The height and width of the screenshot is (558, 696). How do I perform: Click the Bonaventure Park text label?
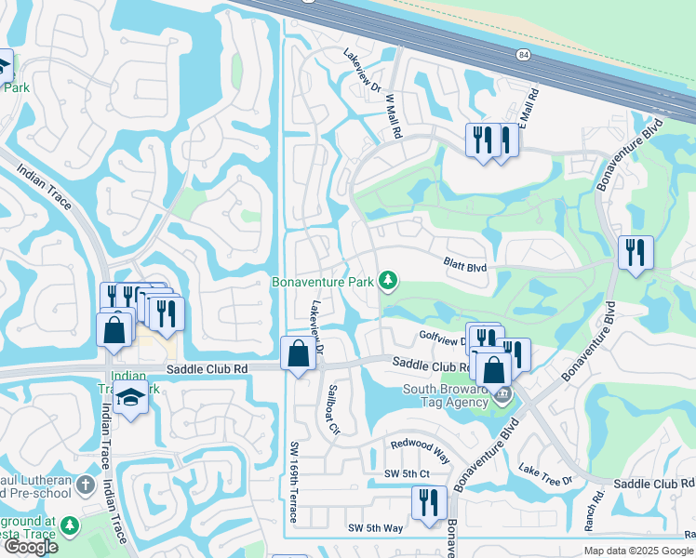[321, 281]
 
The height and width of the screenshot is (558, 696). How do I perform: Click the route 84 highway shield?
[524, 57]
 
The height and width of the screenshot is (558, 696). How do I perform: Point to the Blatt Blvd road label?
[465, 267]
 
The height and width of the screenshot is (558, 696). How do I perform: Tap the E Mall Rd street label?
[528, 110]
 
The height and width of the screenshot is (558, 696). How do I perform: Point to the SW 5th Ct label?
[407, 474]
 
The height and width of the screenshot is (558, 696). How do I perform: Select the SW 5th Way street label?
[375, 528]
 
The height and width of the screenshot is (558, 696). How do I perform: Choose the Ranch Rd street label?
[592, 510]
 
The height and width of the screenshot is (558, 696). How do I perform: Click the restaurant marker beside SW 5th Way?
[429, 503]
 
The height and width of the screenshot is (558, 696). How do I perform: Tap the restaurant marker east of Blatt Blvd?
[636, 252]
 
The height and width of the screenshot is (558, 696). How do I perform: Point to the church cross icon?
[86, 485]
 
